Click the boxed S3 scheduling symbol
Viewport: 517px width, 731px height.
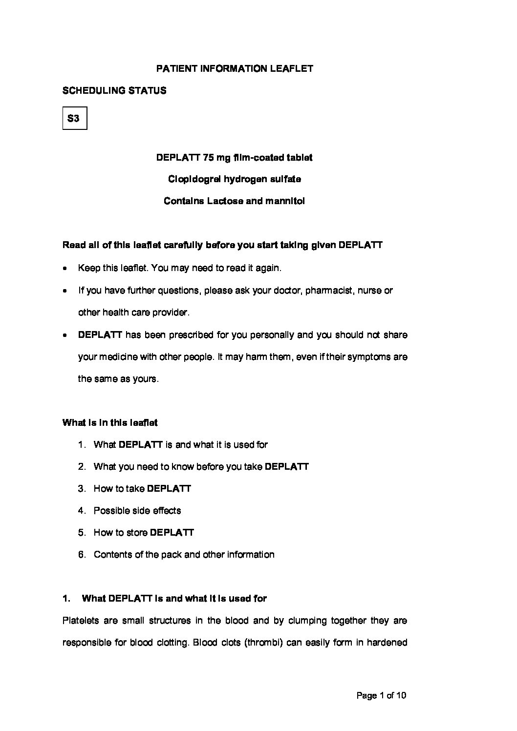pyautogui.click(x=74, y=118)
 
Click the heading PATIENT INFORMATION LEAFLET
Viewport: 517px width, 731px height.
pyautogui.click(x=235, y=69)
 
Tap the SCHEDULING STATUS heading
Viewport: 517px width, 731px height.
pyautogui.click(x=114, y=91)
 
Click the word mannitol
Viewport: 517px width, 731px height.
pyautogui.click(x=285, y=201)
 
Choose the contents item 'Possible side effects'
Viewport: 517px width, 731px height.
pyautogui.click(x=137, y=511)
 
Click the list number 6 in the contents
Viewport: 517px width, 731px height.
pyautogui.click(x=81, y=555)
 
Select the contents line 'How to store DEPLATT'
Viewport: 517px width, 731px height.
pyautogui.click(x=144, y=533)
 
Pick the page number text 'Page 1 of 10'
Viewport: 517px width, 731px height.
pyautogui.click(x=382, y=696)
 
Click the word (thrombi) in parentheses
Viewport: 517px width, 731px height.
pyautogui.click(x=263, y=643)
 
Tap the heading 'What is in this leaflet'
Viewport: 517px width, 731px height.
pyautogui.click(x=110, y=422)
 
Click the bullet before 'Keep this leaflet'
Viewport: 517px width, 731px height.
pyautogui.click(x=65, y=269)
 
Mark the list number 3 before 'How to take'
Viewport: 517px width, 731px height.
pyautogui.click(x=81, y=489)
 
